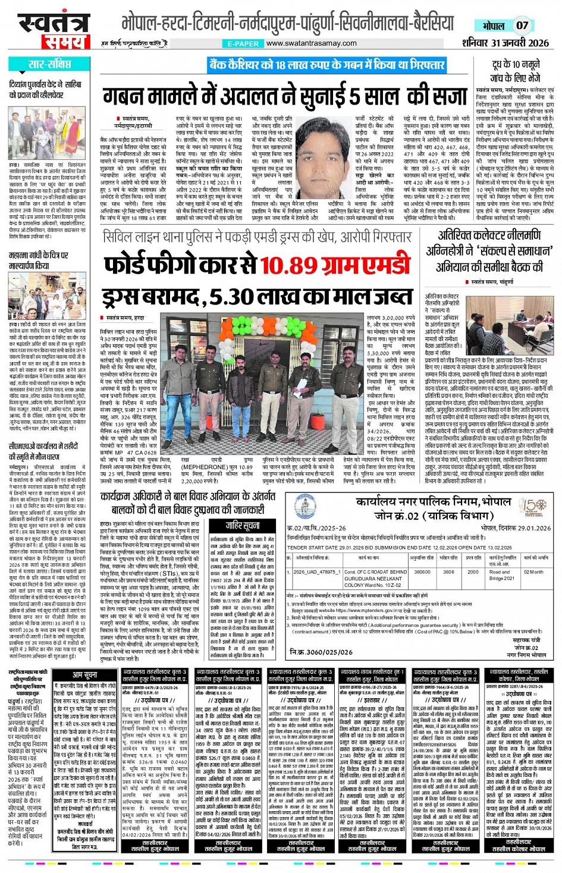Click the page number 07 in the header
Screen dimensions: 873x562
point(522,26)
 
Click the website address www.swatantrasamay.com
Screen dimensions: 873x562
point(312,43)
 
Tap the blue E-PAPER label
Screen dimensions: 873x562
point(243,44)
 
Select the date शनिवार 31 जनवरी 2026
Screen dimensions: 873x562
point(505,43)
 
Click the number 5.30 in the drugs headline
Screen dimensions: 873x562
point(241,296)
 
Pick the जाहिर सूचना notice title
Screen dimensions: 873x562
point(242,525)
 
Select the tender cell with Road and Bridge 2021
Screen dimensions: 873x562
point(501,575)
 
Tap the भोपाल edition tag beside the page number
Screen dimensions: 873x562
point(494,26)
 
